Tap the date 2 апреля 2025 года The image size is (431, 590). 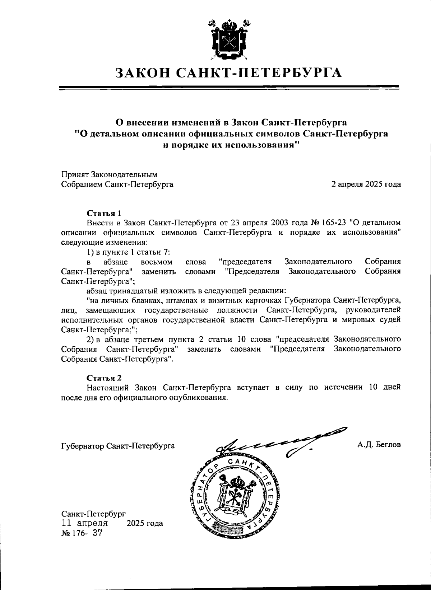[x=366, y=184]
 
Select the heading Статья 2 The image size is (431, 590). [x=104, y=378]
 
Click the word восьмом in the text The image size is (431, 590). [x=157, y=262]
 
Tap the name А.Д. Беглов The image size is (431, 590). [x=379, y=445]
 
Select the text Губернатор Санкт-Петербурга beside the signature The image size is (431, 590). [x=118, y=446]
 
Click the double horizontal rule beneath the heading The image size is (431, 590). [x=229, y=87]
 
